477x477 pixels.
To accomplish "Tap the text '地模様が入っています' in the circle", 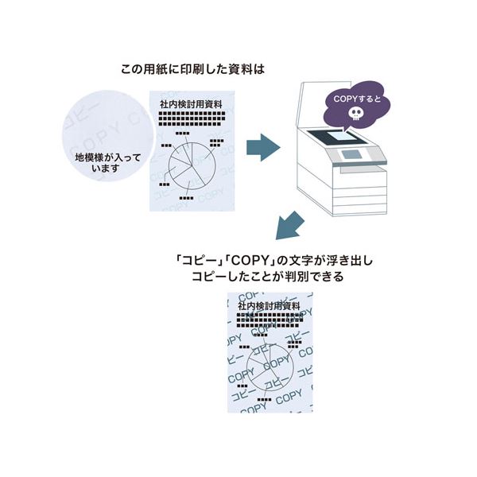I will point(107,163).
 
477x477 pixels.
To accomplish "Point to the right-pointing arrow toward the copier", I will point(262,146).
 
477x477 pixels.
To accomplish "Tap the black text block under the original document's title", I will point(190,119).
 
